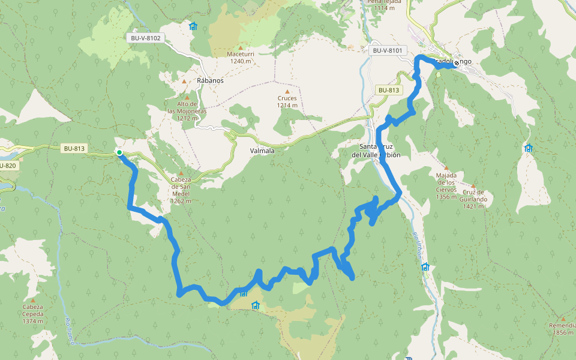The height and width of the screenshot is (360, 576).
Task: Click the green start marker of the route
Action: (119, 153)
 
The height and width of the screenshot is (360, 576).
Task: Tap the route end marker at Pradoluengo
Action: (457, 63)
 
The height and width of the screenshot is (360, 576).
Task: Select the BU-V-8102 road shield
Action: (145, 38)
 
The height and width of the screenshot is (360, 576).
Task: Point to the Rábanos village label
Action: (210, 80)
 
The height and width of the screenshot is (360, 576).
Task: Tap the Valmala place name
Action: (262, 151)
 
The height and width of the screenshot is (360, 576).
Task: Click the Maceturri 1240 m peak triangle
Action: (241, 48)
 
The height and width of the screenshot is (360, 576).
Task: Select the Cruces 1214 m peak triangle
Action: (287, 92)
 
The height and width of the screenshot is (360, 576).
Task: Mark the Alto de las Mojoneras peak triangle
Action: (187, 97)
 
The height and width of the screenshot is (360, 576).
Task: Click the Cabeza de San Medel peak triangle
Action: (181, 173)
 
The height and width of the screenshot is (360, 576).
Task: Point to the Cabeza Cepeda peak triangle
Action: (32, 300)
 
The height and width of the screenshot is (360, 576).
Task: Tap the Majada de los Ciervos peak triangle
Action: (446, 168)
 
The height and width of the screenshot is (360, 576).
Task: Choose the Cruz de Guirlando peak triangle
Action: (473, 187)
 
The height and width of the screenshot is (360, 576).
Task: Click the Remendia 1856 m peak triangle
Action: (563, 319)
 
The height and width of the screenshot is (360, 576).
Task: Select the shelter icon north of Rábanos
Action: (193, 26)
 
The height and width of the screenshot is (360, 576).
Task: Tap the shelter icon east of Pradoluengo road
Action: (528, 148)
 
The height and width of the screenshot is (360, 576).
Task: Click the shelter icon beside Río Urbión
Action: (425, 266)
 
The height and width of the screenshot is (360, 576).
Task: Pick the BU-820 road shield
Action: (7, 166)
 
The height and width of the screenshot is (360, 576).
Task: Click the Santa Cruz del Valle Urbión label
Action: (376, 151)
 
